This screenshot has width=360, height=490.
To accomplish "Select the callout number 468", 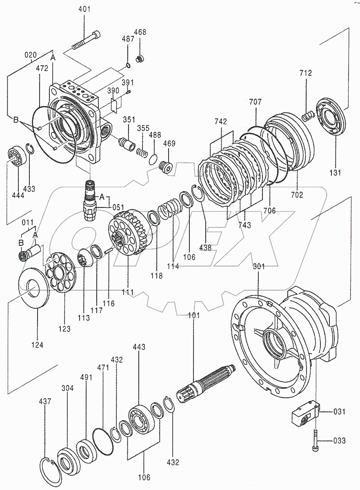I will pyautogui.click(x=140, y=32).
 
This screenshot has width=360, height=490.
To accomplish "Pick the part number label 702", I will pyautogui.click(x=297, y=195).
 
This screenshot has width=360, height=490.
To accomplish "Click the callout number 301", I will pyautogui.click(x=259, y=266).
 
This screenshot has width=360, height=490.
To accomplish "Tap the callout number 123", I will pyautogui.click(x=64, y=328).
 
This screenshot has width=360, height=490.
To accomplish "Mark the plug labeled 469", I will pyautogui.click(x=166, y=166).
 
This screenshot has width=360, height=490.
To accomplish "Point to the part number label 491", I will pyautogui.click(x=86, y=377).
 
